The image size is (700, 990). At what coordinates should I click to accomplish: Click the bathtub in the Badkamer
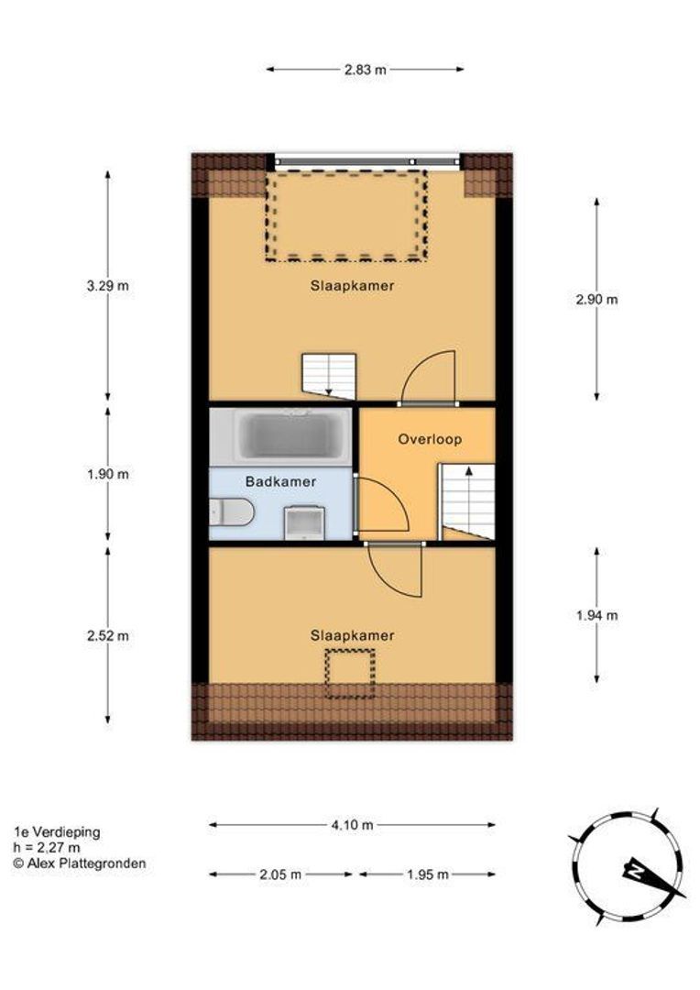coord(291,435)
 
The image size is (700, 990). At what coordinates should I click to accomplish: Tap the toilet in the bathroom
coord(232,512)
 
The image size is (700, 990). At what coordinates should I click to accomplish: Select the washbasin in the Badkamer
coord(304,522)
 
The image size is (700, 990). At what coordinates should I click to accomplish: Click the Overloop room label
coord(430,439)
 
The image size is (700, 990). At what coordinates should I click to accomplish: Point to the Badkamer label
coord(281,482)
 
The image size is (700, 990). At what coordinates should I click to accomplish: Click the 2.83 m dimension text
coord(366,70)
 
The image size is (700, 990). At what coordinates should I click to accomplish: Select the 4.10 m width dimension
coord(352,825)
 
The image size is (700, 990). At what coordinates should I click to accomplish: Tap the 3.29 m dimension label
coord(108,285)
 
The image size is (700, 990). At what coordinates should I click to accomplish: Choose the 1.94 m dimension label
coord(597,615)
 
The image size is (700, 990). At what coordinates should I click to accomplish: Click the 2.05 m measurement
coord(280,874)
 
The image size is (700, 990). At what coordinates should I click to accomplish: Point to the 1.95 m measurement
coord(428,874)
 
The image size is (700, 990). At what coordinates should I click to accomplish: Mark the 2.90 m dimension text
coord(597,299)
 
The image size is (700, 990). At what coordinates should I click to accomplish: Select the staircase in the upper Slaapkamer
coord(329,377)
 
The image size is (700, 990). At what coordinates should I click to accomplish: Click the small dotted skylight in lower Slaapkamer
coord(350,674)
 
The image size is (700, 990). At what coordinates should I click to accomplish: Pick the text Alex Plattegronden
coord(86,863)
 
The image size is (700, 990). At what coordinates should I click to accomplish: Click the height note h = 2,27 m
coord(47,848)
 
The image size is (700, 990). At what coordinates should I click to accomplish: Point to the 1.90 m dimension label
coord(108,474)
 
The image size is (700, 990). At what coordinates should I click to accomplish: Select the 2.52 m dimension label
coord(108,636)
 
